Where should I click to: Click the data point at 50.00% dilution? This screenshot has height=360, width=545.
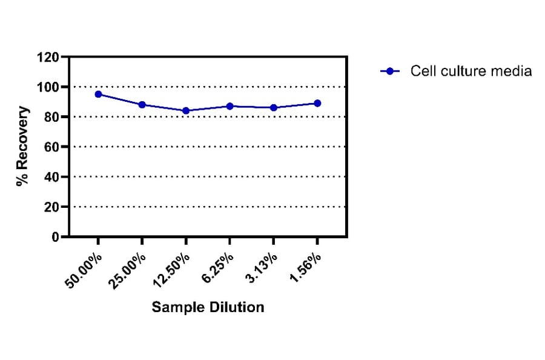pos(98,94)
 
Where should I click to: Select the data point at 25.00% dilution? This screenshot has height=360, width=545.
pos(142,105)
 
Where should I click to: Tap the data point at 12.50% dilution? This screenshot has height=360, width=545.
pos(186,110)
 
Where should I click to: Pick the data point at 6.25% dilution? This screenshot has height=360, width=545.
pos(230,106)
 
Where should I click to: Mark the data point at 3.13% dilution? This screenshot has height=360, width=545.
pos(274,108)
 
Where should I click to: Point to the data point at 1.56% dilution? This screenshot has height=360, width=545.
pos(317,103)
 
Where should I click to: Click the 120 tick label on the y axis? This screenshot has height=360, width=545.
pos(48,58)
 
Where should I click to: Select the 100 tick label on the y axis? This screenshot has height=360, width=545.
pos(48,87)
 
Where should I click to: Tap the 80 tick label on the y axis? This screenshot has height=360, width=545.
pos(51,117)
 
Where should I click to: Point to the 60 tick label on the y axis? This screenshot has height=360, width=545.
pos(51,147)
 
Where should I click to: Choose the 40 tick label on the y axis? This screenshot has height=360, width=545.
pos(51,177)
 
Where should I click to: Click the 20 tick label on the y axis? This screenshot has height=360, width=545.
pos(51,207)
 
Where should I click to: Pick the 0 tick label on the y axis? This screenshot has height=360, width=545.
pos(55,237)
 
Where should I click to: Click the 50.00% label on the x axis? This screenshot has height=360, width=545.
pos(85,269)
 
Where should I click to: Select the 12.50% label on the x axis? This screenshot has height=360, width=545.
pos(173,269)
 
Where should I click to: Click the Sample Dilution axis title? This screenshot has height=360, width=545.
pos(208,307)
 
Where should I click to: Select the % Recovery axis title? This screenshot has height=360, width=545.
pos(23,147)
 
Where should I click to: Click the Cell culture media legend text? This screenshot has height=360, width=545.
pos(471,71)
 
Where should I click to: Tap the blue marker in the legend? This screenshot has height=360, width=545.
pos(390,71)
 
